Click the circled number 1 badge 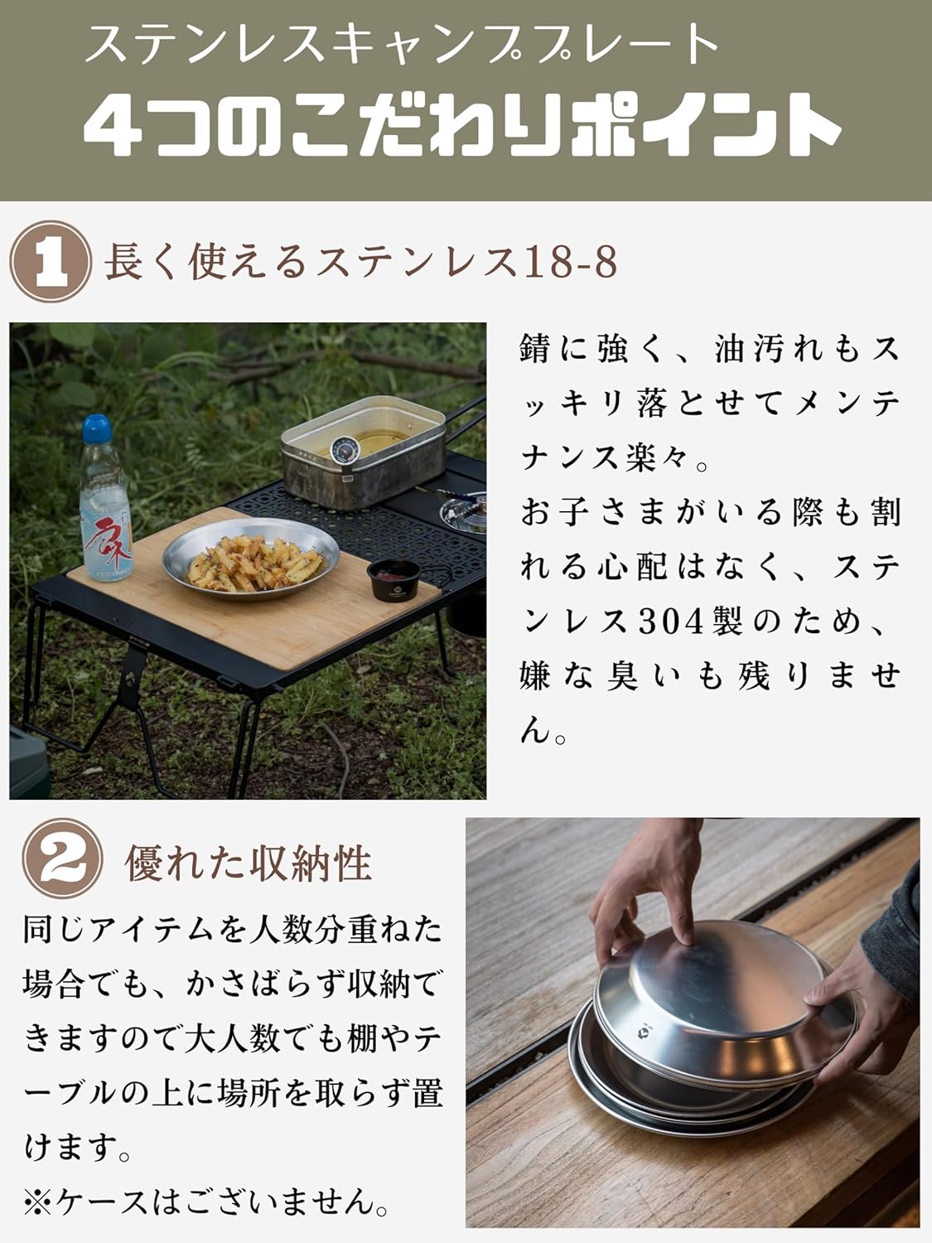coord(51,261)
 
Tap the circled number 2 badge coord(63,858)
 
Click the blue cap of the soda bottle coord(97,428)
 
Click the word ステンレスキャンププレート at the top coord(401,44)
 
